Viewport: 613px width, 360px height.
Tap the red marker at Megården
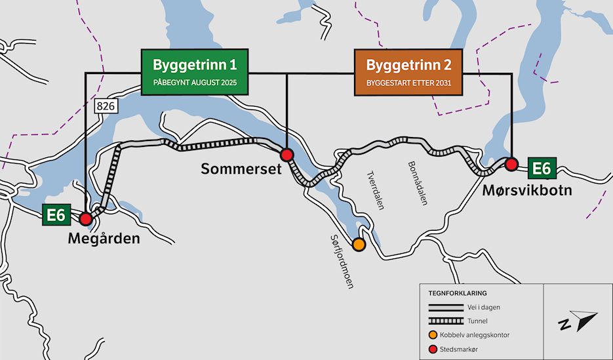pyautogui.click(x=85, y=219)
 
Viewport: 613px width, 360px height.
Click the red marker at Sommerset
pyautogui.click(x=287, y=155)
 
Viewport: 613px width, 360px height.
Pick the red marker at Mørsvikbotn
pyautogui.click(x=511, y=163)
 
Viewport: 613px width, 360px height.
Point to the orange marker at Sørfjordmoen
pyautogui.click(x=359, y=245)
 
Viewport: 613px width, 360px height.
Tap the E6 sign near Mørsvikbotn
pyautogui.click(x=541, y=169)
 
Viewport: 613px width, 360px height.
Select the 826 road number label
pyautogui.click(x=106, y=105)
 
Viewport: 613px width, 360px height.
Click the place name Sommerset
pyautogui.click(x=241, y=169)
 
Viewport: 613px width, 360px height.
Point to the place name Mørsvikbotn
pyautogui.click(x=527, y=191)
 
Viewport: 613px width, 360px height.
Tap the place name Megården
pyautogui.click(x=104, y=239)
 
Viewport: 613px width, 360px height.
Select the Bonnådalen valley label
pyautogui.click(x=418, y=183)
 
